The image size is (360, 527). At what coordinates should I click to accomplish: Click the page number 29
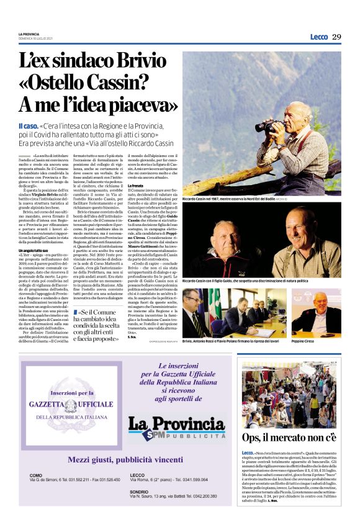point(336,37)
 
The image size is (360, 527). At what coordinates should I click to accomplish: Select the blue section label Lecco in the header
point(319,37)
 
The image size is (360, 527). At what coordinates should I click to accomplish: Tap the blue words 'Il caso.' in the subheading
point(29,125)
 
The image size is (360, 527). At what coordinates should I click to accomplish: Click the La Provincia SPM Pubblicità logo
point(176,426)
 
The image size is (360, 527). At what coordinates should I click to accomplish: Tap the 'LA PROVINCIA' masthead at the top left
point(29,34)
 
